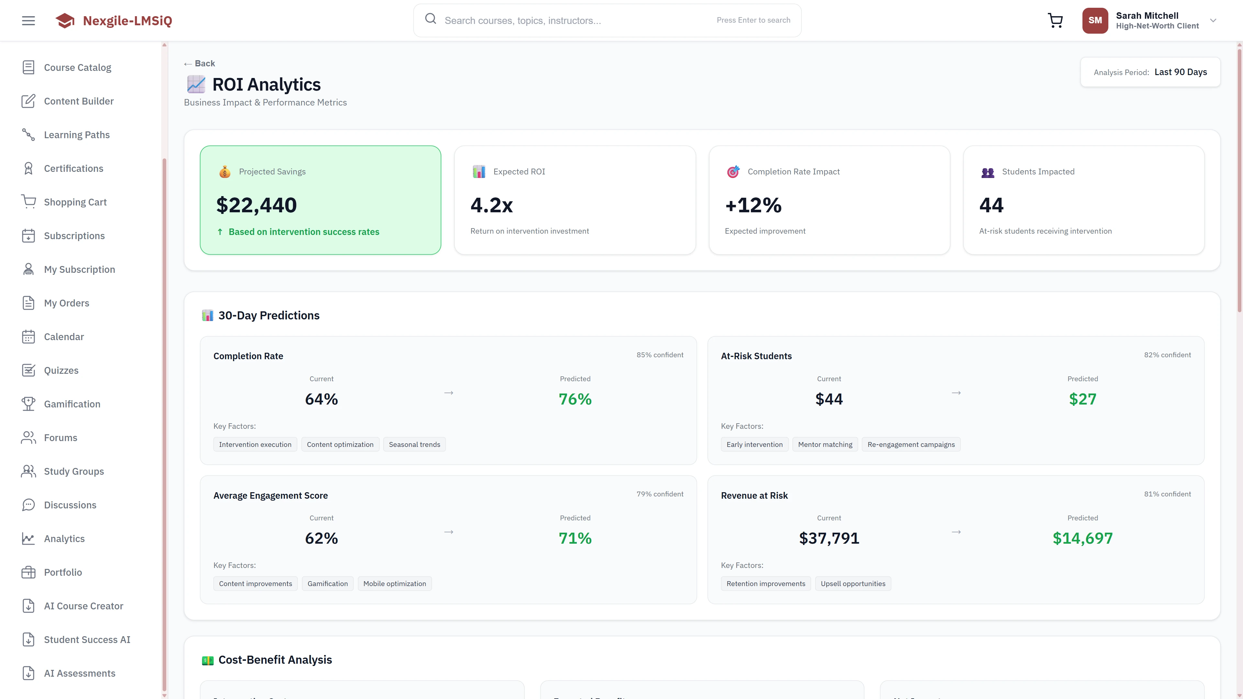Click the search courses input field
click(574, 20)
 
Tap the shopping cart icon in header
click(1055, 20)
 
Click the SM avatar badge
click(1095, 20)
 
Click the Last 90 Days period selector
click(1180, 72)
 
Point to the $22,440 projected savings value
click(256, 205)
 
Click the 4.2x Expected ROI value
click(491, 205)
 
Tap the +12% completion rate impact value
click(753, 205)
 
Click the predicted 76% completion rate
click(575, 399)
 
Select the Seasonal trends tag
click(414, 444)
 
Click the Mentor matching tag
click(825, 444)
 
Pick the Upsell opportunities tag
click(853, 584)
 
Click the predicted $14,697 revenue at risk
click(1082, 538)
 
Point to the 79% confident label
click(660, 494)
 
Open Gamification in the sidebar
click(72, 404)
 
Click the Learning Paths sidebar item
click(77, 135)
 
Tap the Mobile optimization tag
click(394, 584)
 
